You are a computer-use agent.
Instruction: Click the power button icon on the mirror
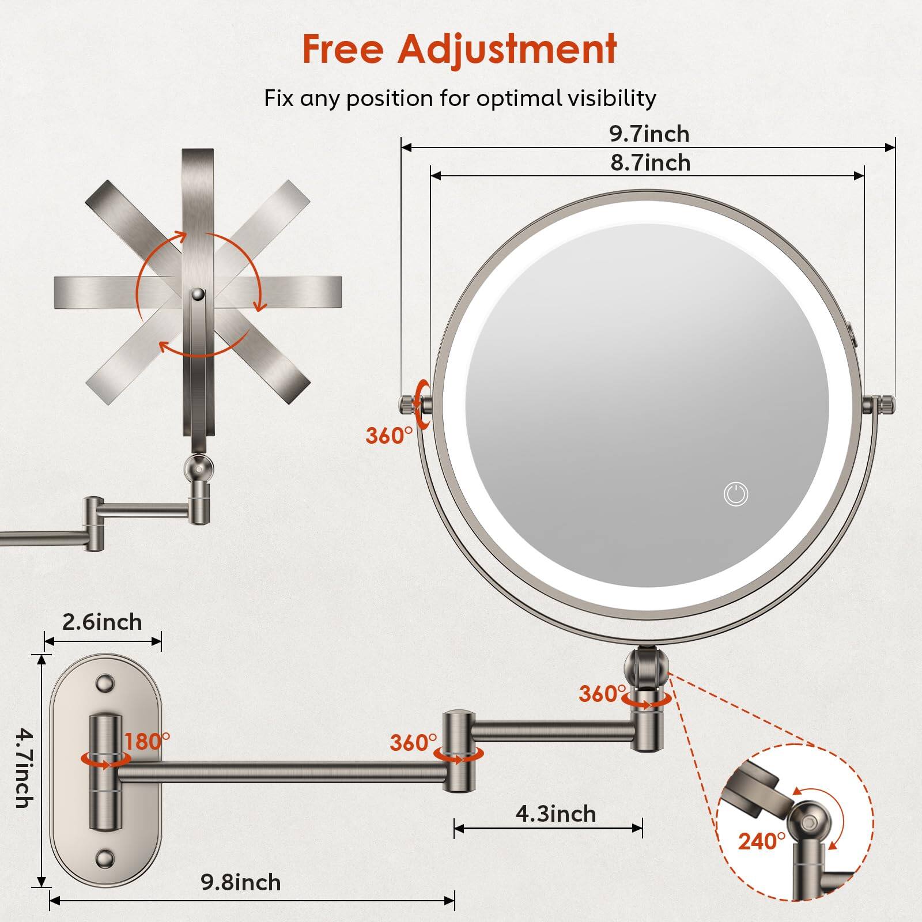click(x=736, y=494)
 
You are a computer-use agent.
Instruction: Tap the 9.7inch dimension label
click(x=649, y=134)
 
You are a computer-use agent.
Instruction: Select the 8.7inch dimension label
click(x=651, y=163)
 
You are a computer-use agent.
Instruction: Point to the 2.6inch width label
click(x=102, y=622)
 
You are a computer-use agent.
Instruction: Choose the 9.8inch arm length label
click(x=241, y=883)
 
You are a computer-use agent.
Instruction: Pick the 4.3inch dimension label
click(x=556, y=814)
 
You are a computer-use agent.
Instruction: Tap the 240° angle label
click(x=761, y=842)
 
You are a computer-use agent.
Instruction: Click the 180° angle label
click(x=148, y=741)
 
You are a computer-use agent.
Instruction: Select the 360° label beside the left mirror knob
click(x=389, y=436)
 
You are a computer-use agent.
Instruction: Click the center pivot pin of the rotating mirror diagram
click(x=198, y=294)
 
